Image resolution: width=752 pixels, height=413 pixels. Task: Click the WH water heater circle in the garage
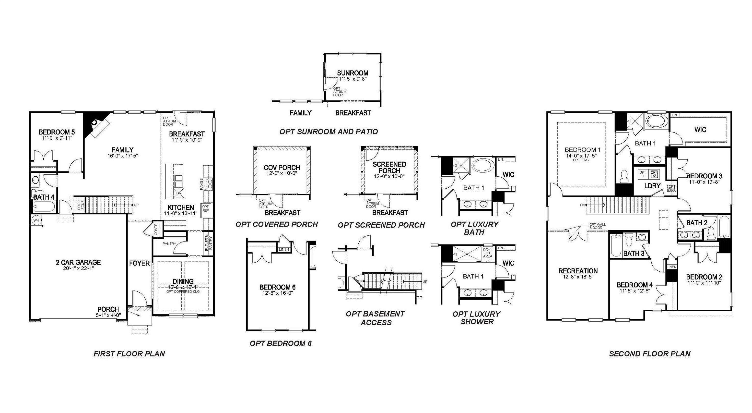tap(36, 220)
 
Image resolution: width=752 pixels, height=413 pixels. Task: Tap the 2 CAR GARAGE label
tap(78, 262)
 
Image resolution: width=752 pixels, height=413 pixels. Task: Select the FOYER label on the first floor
tap(139, 263)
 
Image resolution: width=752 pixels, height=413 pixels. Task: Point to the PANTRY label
tap(169, 243)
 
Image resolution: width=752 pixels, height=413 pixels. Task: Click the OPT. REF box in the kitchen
tap(206, 208)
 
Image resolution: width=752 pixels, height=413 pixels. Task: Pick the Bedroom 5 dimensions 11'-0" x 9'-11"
tap(57, 138)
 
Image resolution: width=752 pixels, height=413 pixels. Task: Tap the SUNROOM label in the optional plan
tap(353, 73)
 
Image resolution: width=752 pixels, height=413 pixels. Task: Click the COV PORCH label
tap(282, 168)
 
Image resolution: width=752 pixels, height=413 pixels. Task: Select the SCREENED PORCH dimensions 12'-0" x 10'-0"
tap(389, 176)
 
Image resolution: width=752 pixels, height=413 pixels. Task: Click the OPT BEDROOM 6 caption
tap(281, 343)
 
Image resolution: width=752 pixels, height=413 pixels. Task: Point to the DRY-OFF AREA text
tap(488, 253)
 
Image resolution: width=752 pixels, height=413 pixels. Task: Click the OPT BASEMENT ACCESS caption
tap(376, 318)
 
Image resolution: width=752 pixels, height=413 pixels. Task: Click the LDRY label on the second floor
tap(652, 186)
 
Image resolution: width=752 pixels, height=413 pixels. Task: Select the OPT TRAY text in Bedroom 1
tap(581, 160)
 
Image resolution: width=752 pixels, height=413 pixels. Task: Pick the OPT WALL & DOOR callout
tap(597, 226)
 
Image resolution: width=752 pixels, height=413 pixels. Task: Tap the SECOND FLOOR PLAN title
tap(649, 354)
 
